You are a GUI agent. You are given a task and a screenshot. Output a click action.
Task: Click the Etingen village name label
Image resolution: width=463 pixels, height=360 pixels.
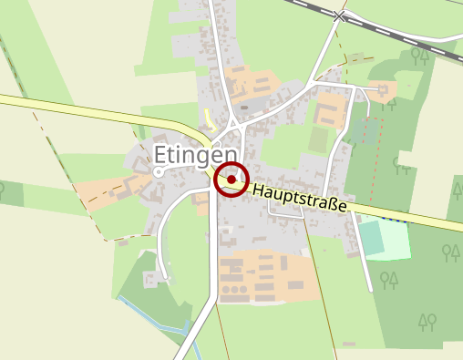pos(196,153)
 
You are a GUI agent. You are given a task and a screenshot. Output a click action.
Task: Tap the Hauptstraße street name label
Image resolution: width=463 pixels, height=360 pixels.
pos(300,199)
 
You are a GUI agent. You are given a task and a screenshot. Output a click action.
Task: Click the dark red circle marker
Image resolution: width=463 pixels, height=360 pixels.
pos(231,180)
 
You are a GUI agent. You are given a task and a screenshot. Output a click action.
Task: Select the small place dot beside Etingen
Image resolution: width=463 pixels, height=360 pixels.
pos(159,171)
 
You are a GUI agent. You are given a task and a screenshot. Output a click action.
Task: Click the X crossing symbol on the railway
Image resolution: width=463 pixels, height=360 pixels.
pos(340,16)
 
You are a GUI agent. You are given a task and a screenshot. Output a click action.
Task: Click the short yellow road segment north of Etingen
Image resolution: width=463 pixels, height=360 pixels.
pos(208,118)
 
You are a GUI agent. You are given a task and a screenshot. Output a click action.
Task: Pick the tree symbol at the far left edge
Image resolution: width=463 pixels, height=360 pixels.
pos(2,191)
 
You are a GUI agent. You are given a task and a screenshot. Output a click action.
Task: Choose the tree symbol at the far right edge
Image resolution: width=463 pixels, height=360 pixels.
pos(457,189)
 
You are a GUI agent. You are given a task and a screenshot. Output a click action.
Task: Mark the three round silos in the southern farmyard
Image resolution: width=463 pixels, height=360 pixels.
pos(234,289)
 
